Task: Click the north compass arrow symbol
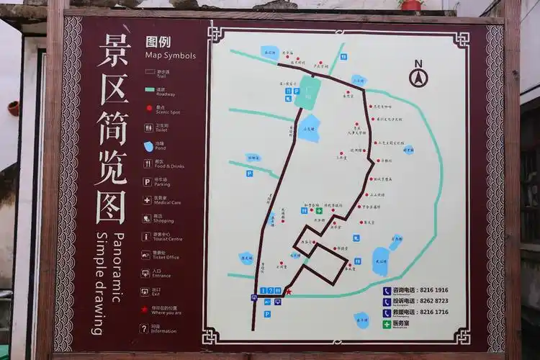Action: click(x=418, y=75)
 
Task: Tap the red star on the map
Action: click(x=289, y=292)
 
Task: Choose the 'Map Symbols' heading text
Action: click(x=170, y=55)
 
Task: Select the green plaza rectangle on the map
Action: click(x=307, y=93)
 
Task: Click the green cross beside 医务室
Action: click(x=387, y=325)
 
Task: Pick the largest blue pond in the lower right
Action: click(x=381, y=261)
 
